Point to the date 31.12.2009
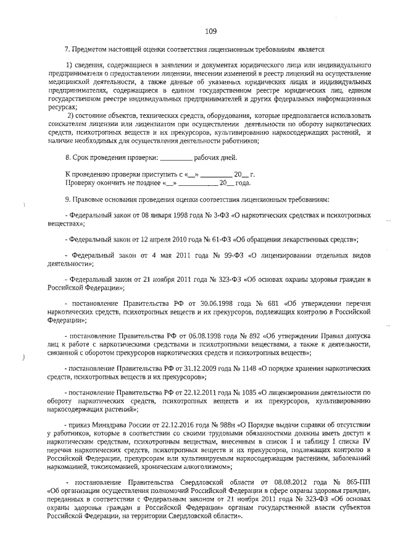[x=189, y=368]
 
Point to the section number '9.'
[x=68, y=199]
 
